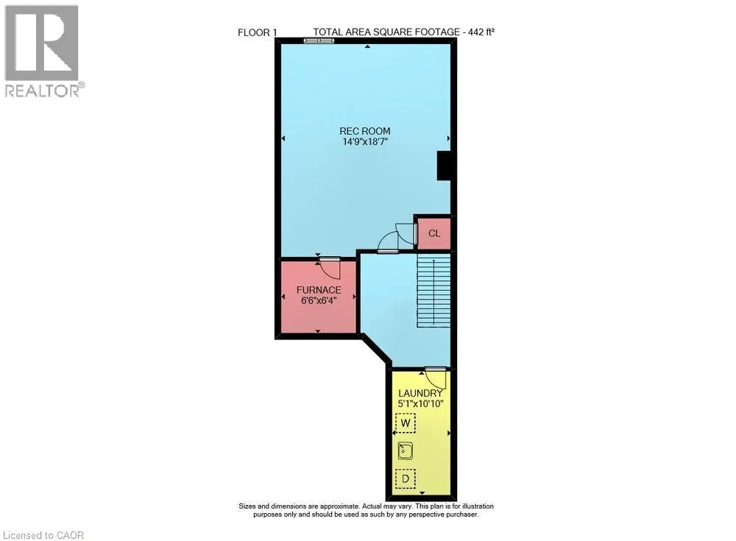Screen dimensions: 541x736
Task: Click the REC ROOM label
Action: (366, 131)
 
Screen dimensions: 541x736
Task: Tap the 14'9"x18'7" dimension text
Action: (366, 142)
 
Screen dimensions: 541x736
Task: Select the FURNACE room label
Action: (319, 290)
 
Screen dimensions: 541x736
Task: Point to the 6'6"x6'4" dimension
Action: (319, 300)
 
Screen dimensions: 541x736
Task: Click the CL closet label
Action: (434, 233)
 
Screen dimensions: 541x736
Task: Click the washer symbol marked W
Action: (405, 422)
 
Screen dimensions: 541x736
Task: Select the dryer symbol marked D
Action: (405, 478)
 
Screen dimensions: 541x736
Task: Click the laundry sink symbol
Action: (406, 450)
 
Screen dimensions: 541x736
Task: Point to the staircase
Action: (434, 291)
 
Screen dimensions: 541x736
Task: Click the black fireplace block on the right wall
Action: (444, 166)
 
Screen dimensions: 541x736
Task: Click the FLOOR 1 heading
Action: (258, 32)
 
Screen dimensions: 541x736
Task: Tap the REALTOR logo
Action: (43, 51)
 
